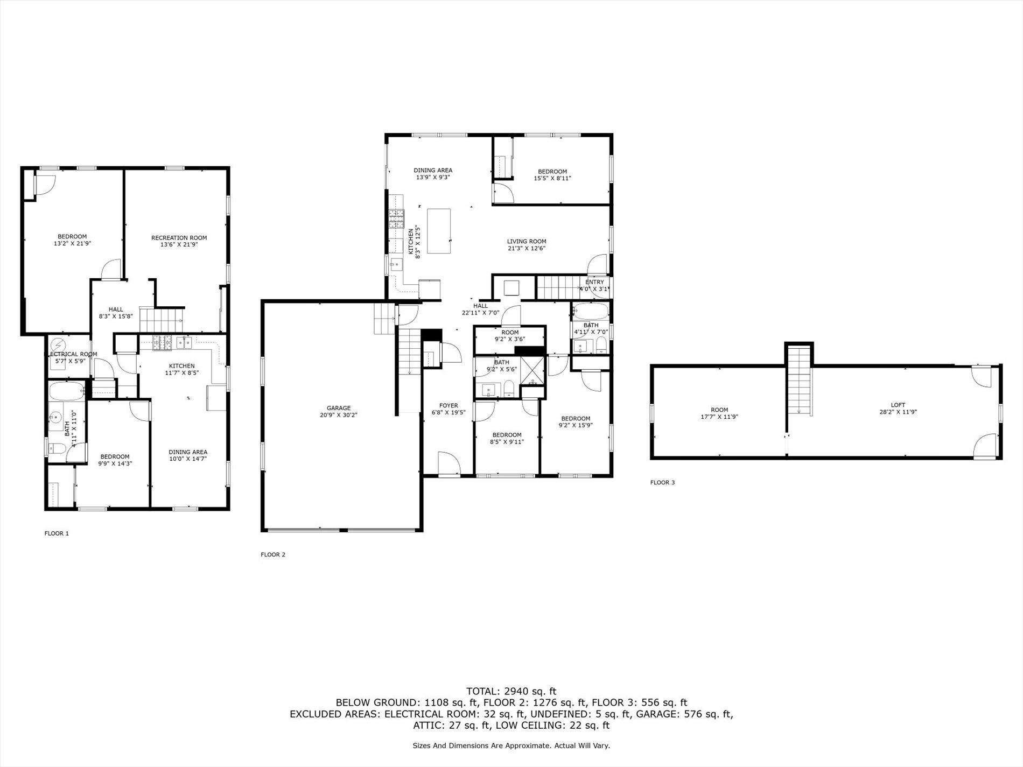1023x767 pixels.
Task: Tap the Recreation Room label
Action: (179, 237)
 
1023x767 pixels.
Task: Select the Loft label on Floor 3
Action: (898, 405)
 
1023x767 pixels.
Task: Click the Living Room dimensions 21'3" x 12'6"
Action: (526, 249)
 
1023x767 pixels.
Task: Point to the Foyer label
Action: (449, 405)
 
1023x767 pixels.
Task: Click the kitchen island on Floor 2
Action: (439, 231)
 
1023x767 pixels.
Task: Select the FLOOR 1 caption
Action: (57, 533)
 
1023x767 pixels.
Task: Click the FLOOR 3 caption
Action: (662, 482)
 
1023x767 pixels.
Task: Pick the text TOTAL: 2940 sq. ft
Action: (511, 691)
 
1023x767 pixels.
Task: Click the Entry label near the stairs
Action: (594, 282)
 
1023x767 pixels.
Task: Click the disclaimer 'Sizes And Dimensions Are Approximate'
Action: (511, 745)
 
